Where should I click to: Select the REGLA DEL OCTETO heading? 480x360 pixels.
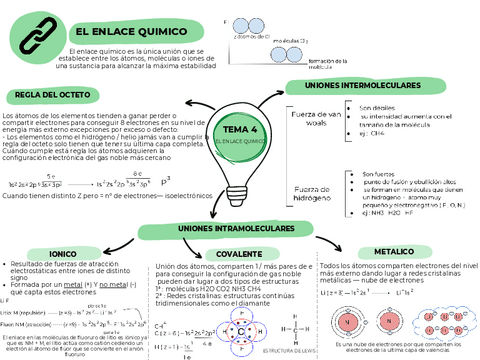pyautogui.click(x=51, y=96)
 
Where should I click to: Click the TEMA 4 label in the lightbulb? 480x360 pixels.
pyautogui.click(x=240, y=130)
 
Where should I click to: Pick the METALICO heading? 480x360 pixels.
pyautogui.click(x=393, y=224)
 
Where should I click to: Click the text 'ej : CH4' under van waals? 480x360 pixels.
pyautogui.click(x=374, y=132)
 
